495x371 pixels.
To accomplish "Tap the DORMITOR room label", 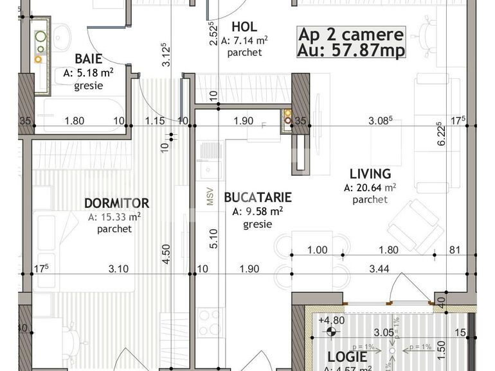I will click(x=116, y=203).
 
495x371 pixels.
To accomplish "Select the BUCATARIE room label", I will click(x=258, y=197).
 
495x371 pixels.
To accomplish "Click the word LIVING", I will click(x=370, y=173).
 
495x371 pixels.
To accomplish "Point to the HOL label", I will click(x=244, y=27).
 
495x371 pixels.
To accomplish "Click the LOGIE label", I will click(x=347, y=357).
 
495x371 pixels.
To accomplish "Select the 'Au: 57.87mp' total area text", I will click(x=351, y=51).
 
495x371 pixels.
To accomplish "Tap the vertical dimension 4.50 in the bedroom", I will click(x=166, y=250).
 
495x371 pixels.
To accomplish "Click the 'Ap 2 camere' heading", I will click(x=351, y=35).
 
